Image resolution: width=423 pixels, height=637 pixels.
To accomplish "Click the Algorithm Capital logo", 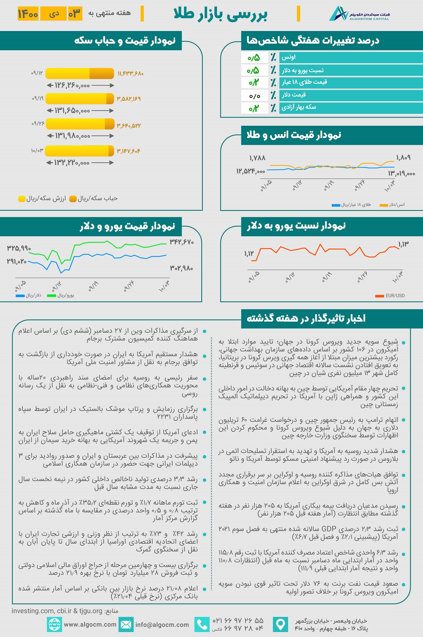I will pyautogui.click(x=359, y=14).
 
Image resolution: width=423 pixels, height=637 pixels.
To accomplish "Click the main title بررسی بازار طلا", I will pyautogui.click(x=220, y=14).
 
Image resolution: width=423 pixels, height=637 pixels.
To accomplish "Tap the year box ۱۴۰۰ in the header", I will pyautogui.click(x=28, y=14).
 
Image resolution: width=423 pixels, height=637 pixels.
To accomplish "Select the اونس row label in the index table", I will pyautogui.click(x=288, y=57).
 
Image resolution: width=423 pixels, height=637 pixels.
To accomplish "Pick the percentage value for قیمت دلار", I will pyautogui.click(x=255, y=95).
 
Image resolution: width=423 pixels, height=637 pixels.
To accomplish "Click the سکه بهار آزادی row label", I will pyautogui.click(x=299, y=107).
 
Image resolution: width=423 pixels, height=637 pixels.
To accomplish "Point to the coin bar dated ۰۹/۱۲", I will pyautogui.click(x=80, y=73).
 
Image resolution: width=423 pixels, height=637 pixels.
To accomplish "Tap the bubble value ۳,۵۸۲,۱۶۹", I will pyautogui.click(x=129, y=99).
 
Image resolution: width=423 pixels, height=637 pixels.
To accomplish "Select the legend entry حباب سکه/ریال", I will pyautogui.click(x=94, y=199).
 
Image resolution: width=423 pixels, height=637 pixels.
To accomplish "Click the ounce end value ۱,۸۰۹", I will pyautogui.click(x=403, y=158).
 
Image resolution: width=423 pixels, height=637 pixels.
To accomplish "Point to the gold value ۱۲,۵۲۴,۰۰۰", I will pyautogui.click(x=250, y=171).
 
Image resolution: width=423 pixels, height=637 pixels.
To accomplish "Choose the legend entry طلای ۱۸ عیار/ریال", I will pyautogui.click(x=351, y=205).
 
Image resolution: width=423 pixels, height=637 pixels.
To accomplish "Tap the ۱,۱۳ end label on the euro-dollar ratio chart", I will pyautogui.click(x=403, y=244).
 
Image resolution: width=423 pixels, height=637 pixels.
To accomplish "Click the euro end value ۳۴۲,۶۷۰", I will pyautogui.click(x=182, y=242).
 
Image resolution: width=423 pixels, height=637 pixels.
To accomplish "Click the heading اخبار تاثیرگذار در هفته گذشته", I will pyautogui.click(x=306, y=318).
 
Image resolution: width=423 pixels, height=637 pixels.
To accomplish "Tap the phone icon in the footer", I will pyautogui.click(x=202, y=624).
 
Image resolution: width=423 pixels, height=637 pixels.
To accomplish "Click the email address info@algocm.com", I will pyautogui.click(x=162, y=625).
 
